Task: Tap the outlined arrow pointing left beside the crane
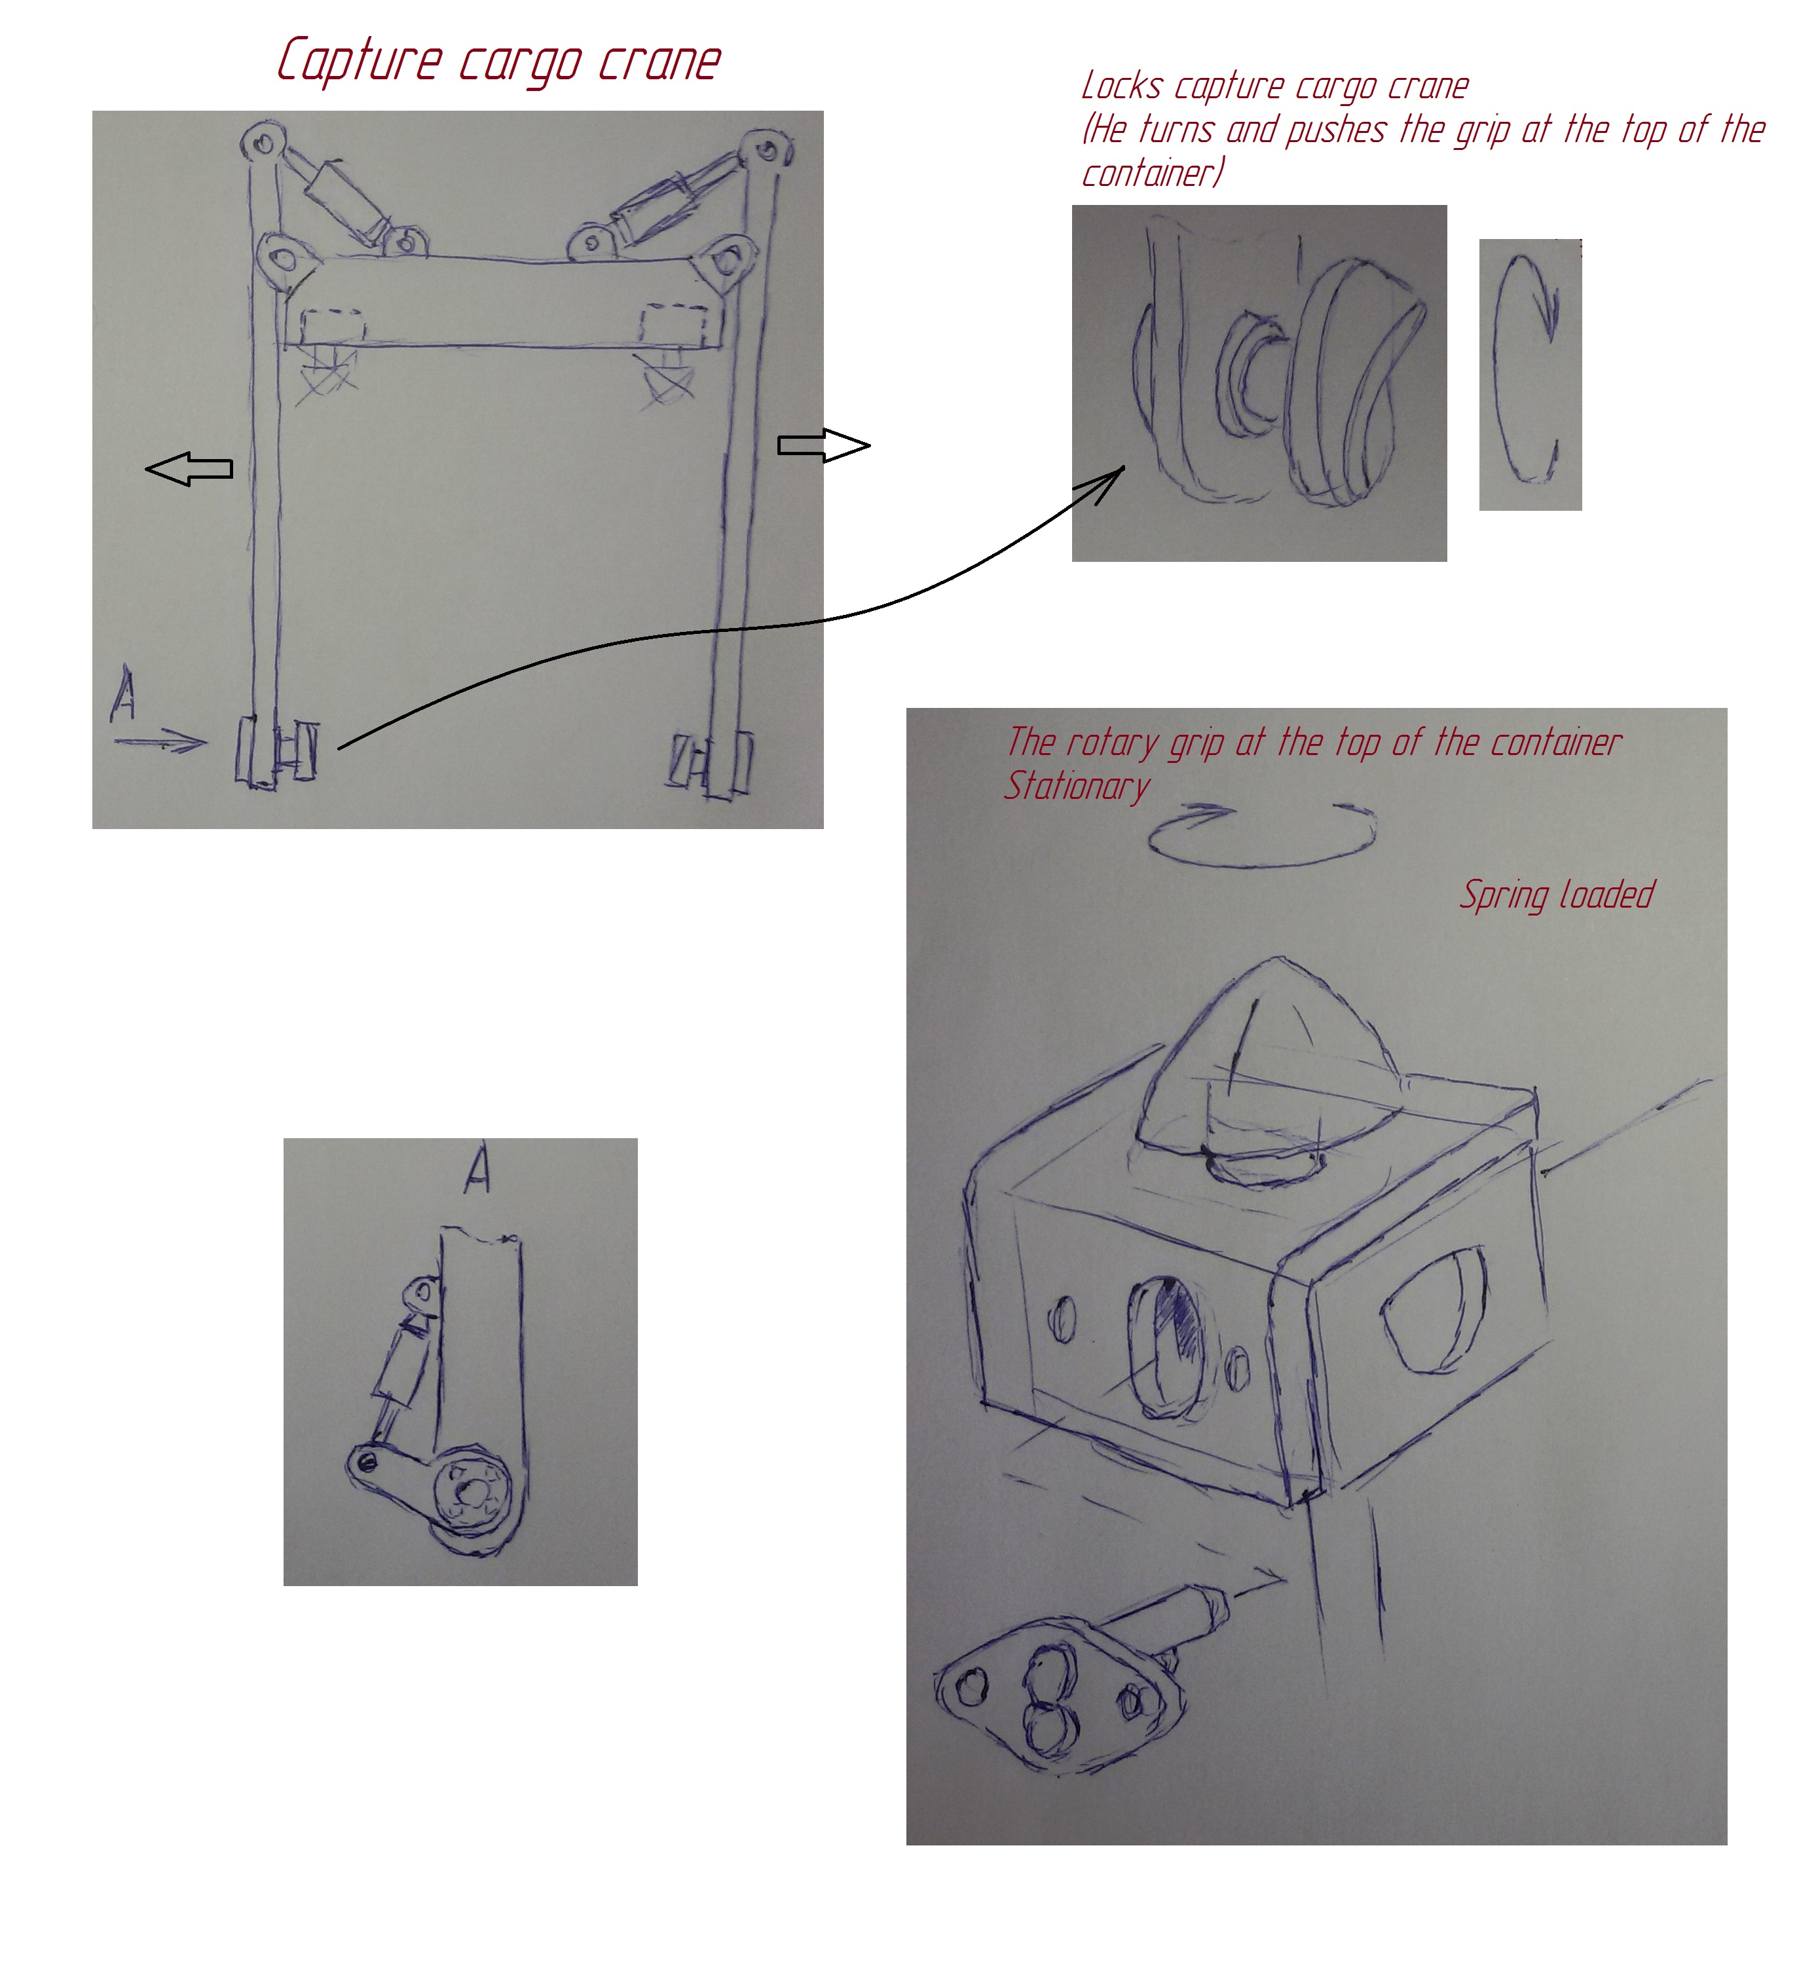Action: [x=189, y=470]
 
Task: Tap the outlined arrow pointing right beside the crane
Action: [x=823, y=446]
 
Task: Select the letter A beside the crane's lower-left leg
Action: [x=124, y=695]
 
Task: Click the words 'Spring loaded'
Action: [x=1556, y=895]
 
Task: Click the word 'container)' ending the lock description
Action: [x=1152, y=173]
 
